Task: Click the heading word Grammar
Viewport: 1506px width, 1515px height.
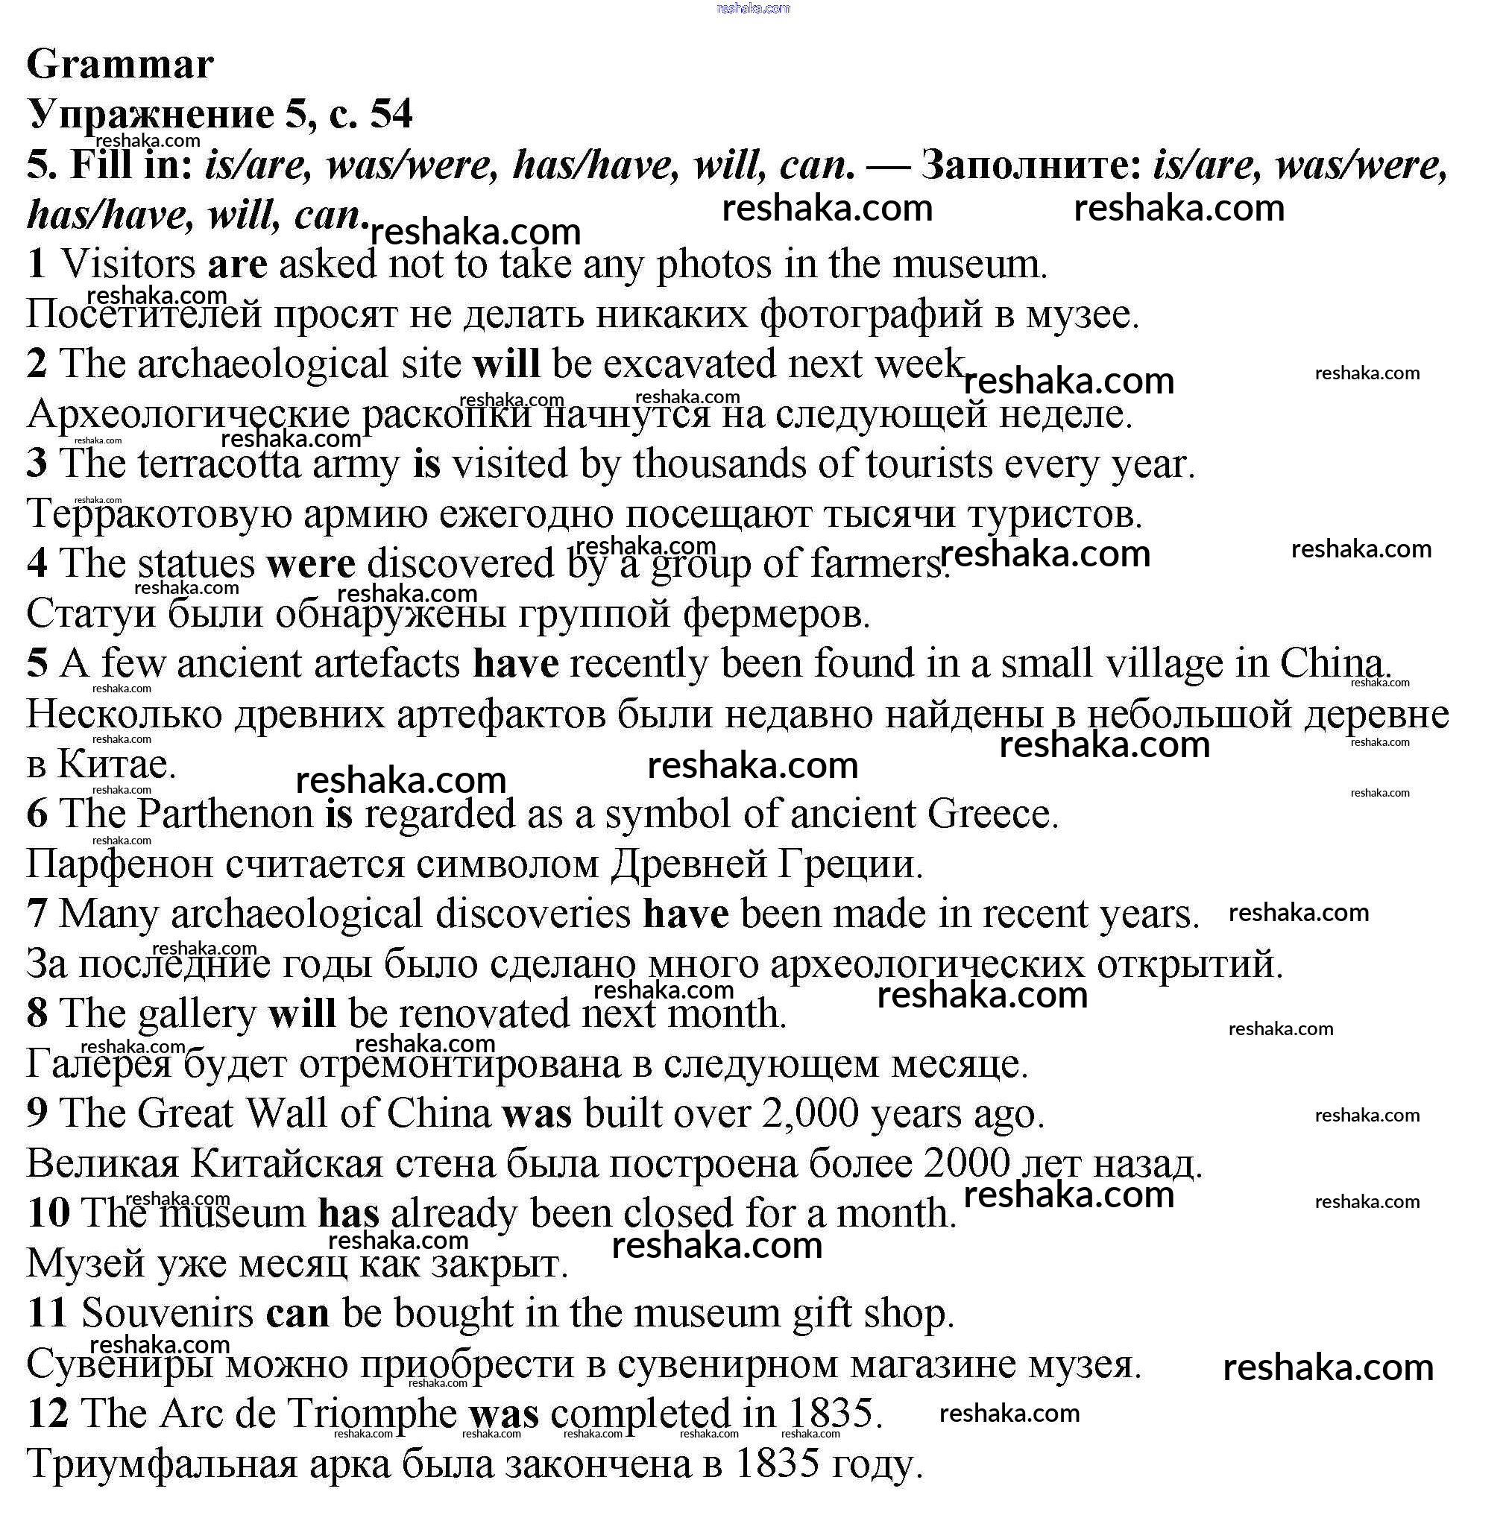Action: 120,64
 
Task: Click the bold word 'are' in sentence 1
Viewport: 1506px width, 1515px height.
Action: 237,265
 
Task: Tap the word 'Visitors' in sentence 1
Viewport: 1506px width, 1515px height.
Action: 127,265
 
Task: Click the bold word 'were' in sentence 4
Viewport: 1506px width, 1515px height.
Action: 311,564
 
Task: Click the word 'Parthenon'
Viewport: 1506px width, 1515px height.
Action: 225,814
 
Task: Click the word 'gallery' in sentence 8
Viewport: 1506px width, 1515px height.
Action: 196,1015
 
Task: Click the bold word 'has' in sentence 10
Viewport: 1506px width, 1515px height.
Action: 348,1215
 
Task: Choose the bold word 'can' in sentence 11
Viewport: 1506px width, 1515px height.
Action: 297,1315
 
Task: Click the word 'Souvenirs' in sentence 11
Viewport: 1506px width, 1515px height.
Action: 167,1315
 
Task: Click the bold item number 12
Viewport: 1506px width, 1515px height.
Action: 48,1414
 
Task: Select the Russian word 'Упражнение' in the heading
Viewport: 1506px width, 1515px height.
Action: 151,115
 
